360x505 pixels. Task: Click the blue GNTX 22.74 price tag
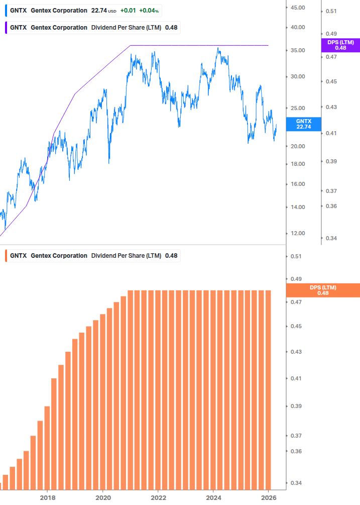[x=303, y=124]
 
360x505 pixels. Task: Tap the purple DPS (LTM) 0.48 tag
[x=340, y=45]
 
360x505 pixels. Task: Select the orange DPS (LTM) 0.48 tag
[x=322, y=290]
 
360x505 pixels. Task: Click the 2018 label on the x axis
[x=47, y=497]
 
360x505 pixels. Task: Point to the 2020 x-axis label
[x=102, y=497]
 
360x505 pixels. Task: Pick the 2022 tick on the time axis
[x=158, y=497]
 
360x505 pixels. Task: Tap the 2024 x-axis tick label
[x=213, y=497]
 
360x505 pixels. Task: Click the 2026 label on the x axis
[x=269, y=497]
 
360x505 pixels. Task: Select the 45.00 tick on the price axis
[x=298, y=8]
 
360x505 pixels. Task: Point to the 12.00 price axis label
[x=298, y=233]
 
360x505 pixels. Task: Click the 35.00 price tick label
[x=298, y=51]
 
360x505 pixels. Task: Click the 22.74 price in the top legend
[x=99, y=11]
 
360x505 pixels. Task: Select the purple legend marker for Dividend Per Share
[x=6, y=27]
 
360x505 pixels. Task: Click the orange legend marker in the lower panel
[x=6, y=256]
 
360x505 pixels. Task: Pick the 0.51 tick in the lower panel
[x=296, y=256]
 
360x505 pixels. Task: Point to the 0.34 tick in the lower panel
[x=296, y=483]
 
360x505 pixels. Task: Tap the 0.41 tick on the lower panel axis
[x=296, y=378]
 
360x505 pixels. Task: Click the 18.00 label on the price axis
[x=298, y=164]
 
